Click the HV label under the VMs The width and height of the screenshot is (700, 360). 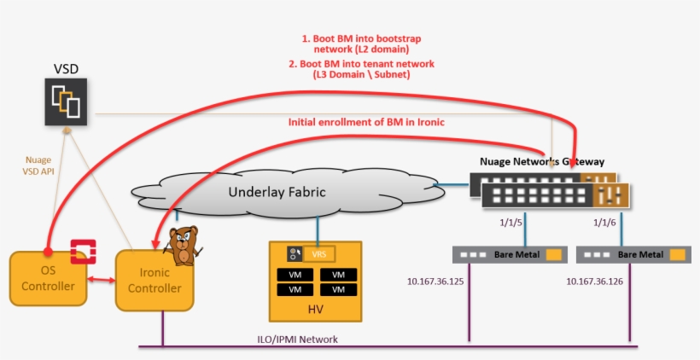[315, 310]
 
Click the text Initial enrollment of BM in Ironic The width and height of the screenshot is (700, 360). [366, 122]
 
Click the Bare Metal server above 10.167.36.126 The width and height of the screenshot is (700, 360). [633, 254]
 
